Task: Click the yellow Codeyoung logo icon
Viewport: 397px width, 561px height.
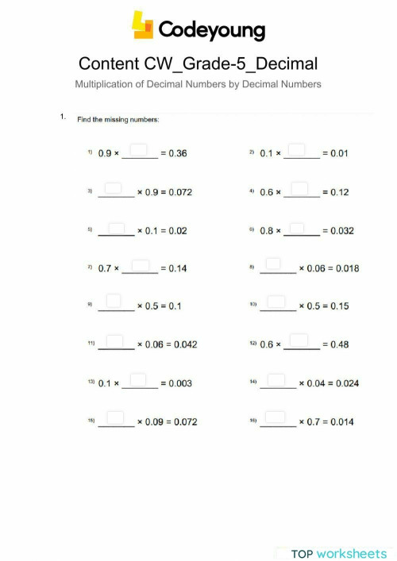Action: coord(143,25)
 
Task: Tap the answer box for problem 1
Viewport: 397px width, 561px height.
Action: coord(140,150)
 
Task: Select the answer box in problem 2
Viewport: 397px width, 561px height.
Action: coord(299,150)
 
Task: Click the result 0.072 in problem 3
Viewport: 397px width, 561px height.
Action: coord(179,192)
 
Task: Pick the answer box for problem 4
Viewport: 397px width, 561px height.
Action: coord(300,188)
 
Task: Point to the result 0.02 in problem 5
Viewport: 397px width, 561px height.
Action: coord(177,231)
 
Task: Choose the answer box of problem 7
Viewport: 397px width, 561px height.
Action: coord(140,265)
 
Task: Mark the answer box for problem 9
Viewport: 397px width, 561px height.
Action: coord(114,302)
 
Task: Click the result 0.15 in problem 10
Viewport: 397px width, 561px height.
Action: coord(338,306)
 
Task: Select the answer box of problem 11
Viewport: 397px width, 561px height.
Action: coord(114,340)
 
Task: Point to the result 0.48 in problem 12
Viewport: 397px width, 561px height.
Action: coord(338,344)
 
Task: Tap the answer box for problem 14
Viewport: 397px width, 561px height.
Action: coord(276,379)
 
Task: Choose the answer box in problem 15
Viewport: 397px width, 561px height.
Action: coord(114,417)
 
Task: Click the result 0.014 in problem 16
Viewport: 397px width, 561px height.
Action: coord(341,421)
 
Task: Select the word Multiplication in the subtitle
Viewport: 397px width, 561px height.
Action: coord(101,84)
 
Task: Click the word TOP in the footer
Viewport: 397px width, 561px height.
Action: coord(302,553)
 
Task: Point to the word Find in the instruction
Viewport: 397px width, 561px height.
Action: coord(84,120)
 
